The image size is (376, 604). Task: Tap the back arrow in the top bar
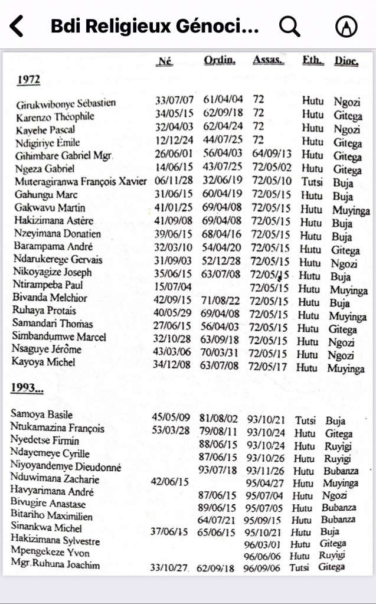pos(17,26)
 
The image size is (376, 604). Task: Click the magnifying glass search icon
pos(289,26)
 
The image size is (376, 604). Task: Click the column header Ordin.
pos(220,60)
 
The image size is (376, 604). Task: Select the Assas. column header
pos(267,60)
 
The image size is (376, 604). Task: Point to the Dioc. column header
pos(346,61)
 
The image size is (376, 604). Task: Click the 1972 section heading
pos(29,80)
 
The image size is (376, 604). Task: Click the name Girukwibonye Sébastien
pos(66,104)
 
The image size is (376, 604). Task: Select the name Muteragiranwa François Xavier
pos(80,181)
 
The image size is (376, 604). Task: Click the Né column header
pos(165,60)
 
